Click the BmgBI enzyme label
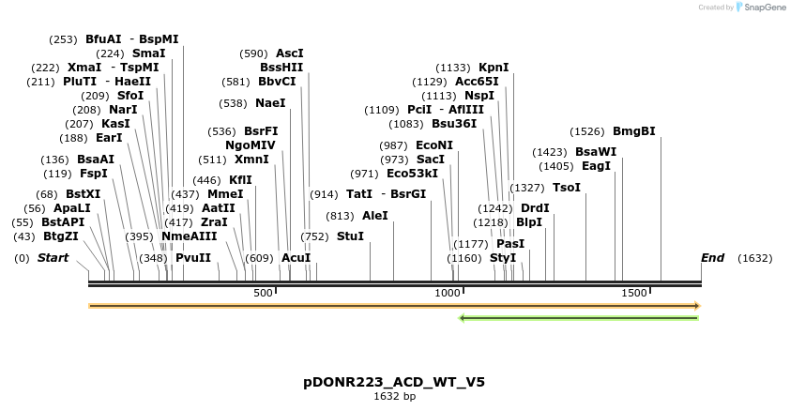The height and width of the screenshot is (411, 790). [x=633, y=131]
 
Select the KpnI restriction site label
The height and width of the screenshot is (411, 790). [x=494, y=68]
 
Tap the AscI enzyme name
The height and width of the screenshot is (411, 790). [x=289, y=53]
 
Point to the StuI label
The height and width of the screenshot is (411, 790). [x=350, y=236]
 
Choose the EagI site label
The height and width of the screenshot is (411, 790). [x=596, y=166]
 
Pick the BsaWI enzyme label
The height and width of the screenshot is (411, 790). [x=596, y=152]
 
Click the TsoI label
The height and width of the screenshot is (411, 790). [x=567, y=188]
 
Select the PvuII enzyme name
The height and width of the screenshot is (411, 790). [x=192, y=257]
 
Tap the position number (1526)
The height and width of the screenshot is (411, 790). [x=587, y=131]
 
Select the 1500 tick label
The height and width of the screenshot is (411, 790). [x=634, y=293]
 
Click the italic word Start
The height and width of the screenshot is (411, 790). [x=53, y=257]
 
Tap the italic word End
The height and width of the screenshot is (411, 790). [x=713, y=257]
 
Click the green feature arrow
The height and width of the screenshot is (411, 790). [x=578, y=318]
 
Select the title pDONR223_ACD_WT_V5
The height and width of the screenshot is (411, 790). [x=394, y=382]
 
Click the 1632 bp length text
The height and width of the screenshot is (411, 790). [x=394, y=396]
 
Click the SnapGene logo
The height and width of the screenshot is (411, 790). [x=762, y=8]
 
